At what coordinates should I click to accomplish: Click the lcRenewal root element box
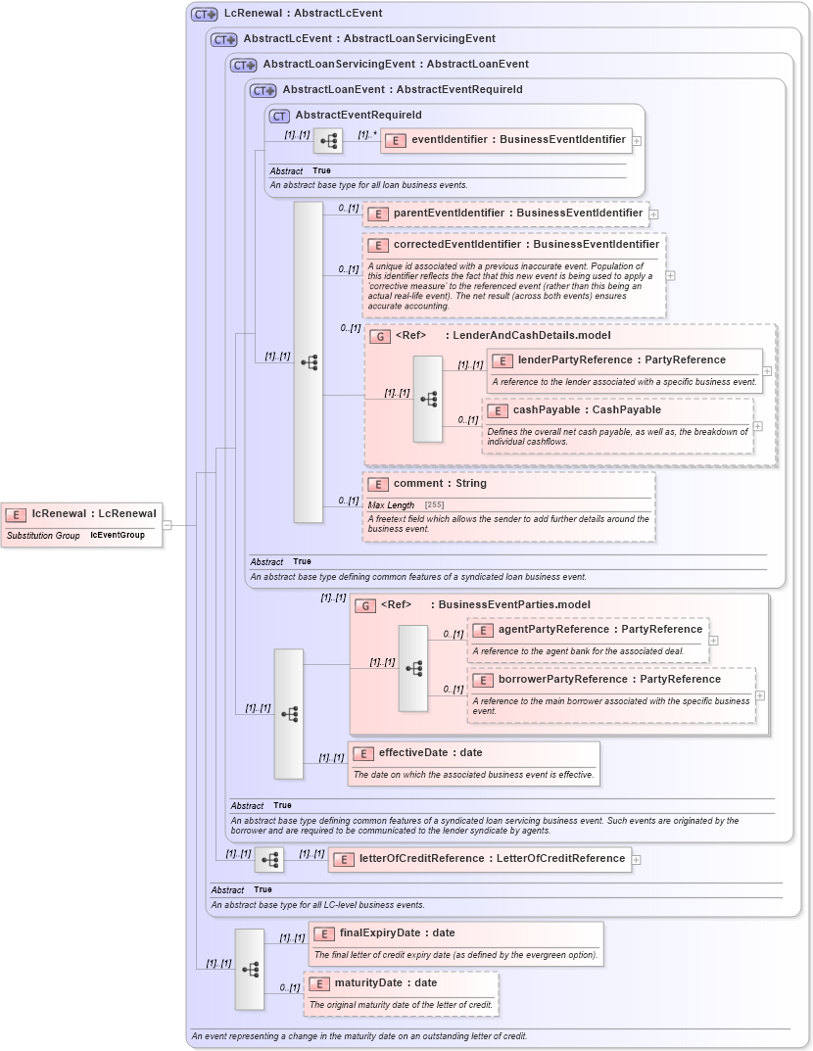[x=82, y=514]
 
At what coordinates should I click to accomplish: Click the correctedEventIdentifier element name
[x=526, y=245]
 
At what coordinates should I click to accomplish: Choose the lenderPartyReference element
[x=621, y=360]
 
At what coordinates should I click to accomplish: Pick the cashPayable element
[x=586, y=410]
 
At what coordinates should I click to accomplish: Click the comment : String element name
[x=440, y=484]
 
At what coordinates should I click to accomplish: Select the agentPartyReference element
[x=599, y=630]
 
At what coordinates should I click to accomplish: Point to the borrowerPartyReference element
[x=608, y=680]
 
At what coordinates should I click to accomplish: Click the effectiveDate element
[x=430, y=753]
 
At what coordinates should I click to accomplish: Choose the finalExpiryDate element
[x=397, y=933]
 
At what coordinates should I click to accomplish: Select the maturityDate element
[x=385, y=983]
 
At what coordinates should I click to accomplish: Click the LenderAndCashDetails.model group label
[x=531, y=336]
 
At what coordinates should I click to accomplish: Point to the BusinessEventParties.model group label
[x=514, y=605]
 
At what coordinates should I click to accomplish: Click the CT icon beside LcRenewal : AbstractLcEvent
[x=204, y=14]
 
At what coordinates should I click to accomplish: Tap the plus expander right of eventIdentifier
[x=637, y=141]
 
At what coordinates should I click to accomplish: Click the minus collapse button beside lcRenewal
[x=167, y=525]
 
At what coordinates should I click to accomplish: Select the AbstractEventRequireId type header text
[x=359, y=116]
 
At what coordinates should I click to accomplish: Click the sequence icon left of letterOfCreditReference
[x=269, y=860]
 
